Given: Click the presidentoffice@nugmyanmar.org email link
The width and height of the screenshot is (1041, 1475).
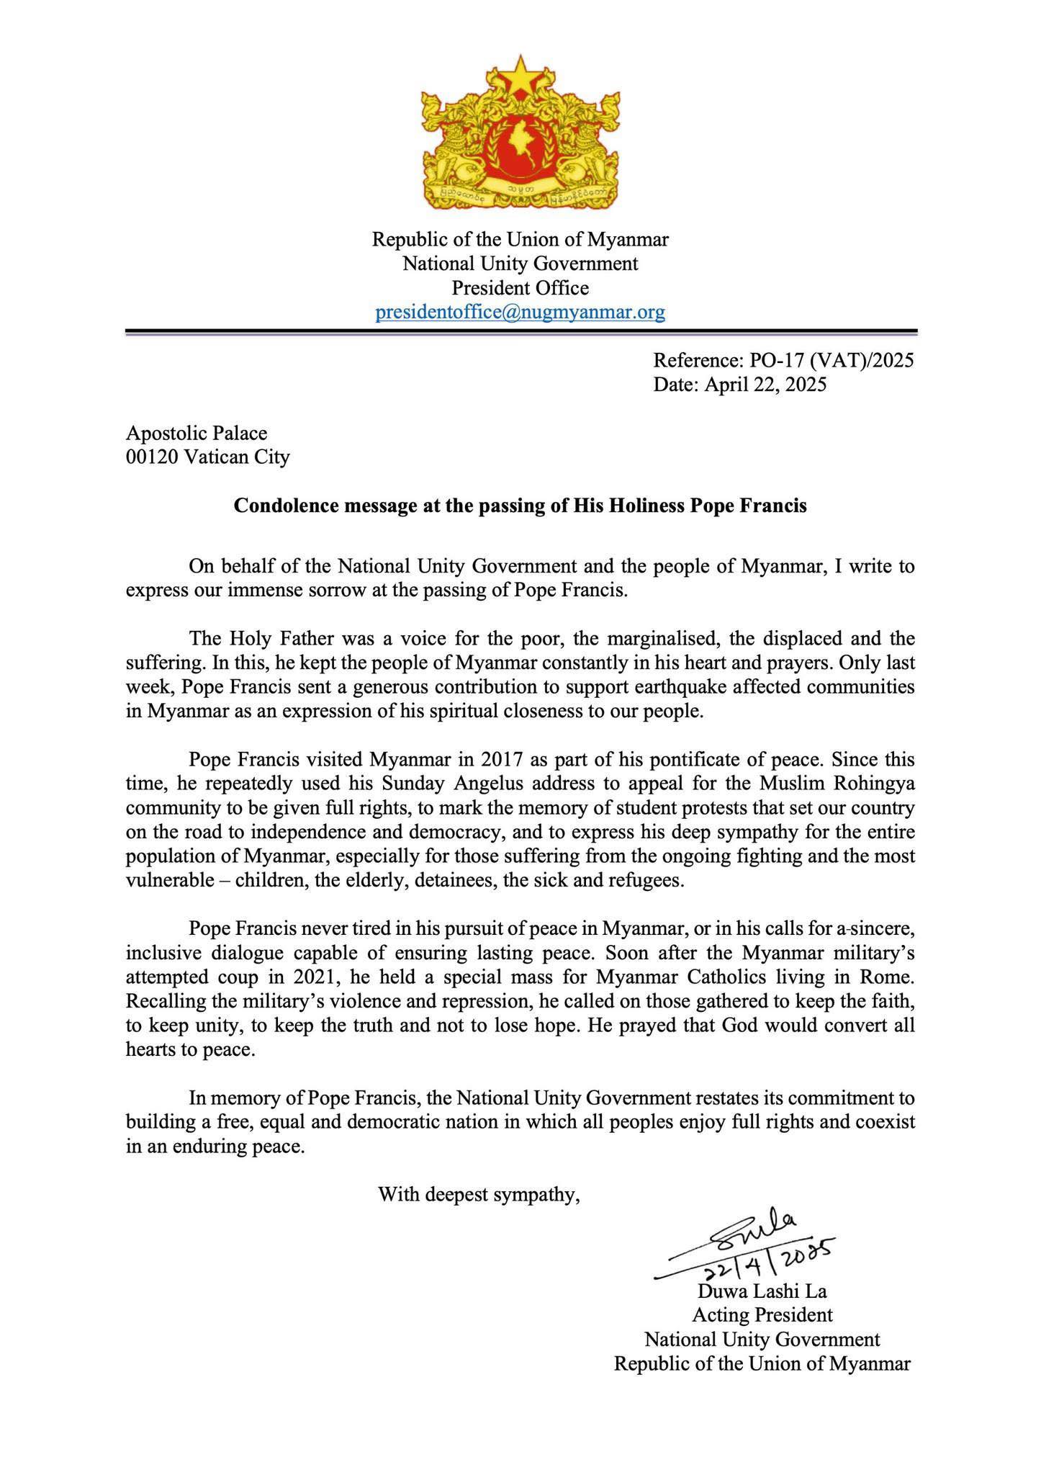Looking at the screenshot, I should [520, 313].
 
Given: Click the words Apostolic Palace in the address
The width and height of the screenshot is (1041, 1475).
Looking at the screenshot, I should [197, 433].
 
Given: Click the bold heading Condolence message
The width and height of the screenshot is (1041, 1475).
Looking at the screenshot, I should [520, 506].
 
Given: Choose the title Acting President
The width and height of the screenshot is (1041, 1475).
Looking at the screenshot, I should [762, 1315].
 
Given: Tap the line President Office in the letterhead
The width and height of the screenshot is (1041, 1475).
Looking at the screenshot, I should [520, 288].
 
